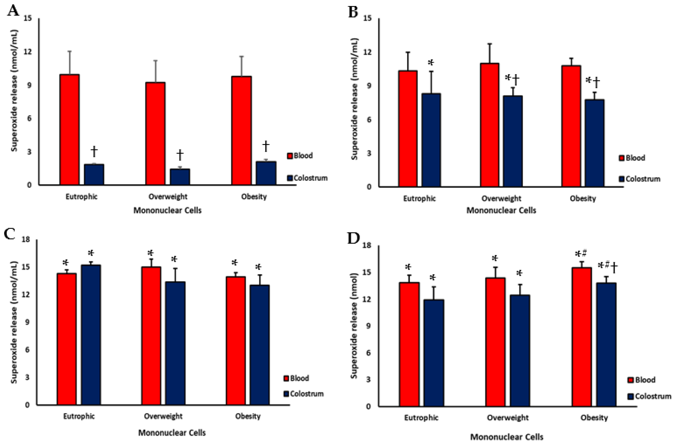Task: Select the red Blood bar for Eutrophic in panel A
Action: pyautogui.click(x=69, y=130)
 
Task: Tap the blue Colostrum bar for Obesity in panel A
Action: pyautogui.click(x=266, y=173)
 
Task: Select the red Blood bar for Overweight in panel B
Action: pyautogui.click(x=490, y=125)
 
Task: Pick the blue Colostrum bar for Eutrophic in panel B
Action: pyautogui.click(x=431, y=140)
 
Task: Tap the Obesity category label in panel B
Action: pyautogui.click(x=583, y=198)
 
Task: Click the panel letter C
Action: pyautogui.click(x=10, y=234)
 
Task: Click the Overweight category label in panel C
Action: pyautogui.click(x=163, y=416)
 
